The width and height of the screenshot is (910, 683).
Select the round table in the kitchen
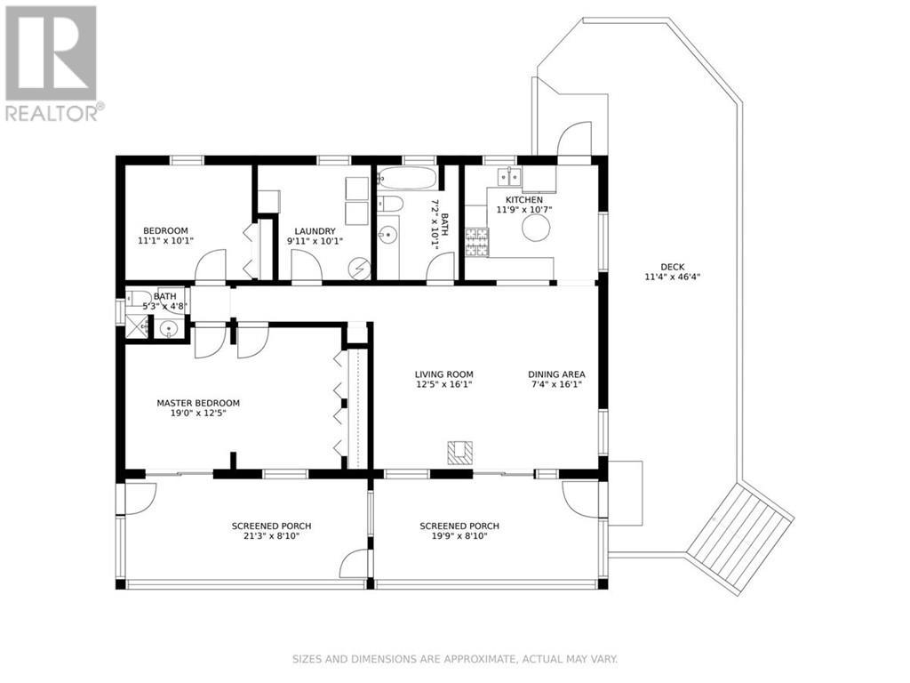tap(536, 229)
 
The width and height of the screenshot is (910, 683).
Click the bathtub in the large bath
tap(407, 179)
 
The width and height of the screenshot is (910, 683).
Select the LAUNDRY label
tap(315, 230)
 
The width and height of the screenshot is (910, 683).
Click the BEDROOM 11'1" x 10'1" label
tap(165, 236)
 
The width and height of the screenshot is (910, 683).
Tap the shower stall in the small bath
tap(138, 328)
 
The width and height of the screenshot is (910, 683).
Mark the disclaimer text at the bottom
tap(454, 659)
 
